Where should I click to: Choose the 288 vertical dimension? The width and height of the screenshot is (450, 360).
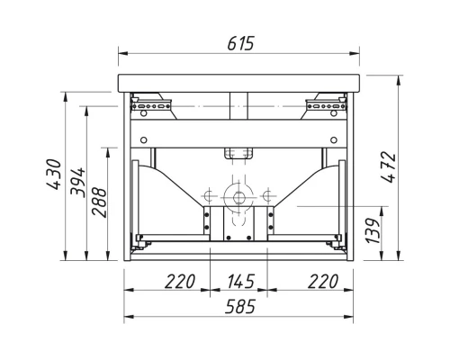pos(99,204)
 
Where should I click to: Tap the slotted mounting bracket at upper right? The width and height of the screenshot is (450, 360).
pos(325,106)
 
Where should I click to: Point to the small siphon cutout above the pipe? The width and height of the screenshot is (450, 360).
pos(238,153)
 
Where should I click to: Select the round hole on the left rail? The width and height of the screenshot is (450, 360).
pos(140,139)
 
